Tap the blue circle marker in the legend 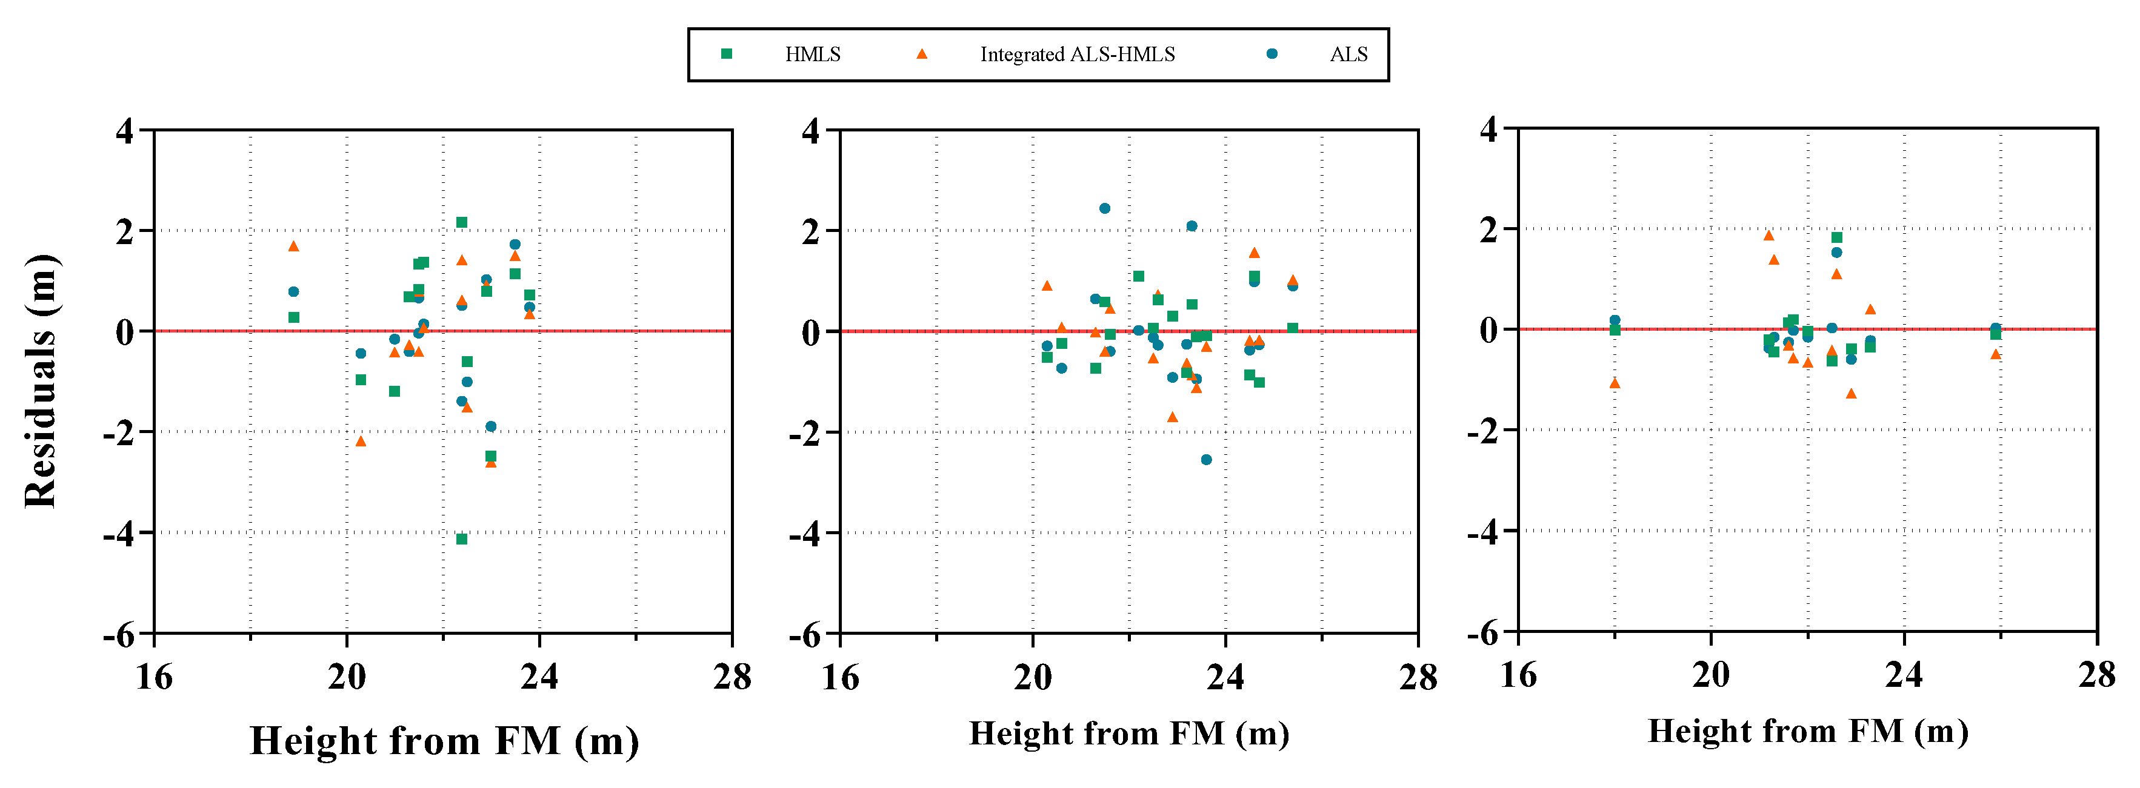[x=1271, y=54]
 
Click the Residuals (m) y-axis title [x=41, y=381]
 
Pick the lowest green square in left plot [x=462, y=539]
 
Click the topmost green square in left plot [x=462, y=222]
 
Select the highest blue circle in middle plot [x=1104, y=208]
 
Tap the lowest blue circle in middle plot [x=1205, y=459]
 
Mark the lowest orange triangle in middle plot [x=1172, y=417]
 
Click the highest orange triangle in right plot [x=1768, y=236]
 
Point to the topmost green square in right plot [x=1837, y=237]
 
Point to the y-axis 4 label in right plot [x=1488, y=130]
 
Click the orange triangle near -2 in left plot [x=361, y=441]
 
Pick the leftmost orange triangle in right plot [x=1614, y=383]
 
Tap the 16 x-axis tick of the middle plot [x=840, y=677]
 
